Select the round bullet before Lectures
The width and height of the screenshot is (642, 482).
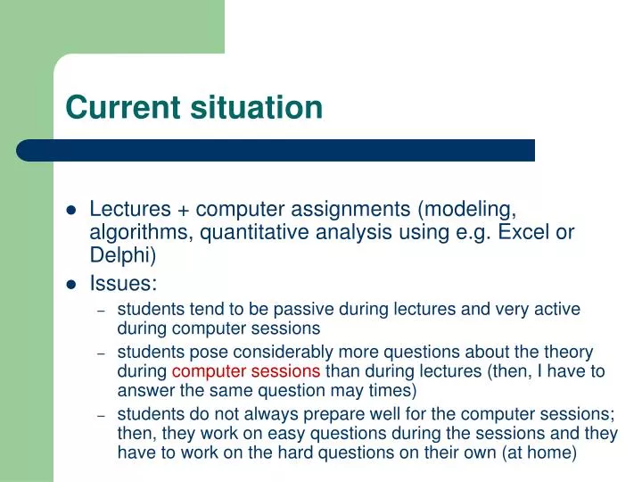[72, 211]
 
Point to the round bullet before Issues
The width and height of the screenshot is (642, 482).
[72, 286]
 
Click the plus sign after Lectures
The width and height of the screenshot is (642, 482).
[183, 210]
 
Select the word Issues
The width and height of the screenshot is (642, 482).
[123, 285]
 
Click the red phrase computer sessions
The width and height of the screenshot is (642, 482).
[246, 371]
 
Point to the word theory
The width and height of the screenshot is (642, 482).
[568, 353]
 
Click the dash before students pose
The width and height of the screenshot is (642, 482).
[102, 353]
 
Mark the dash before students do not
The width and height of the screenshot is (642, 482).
[102, 415]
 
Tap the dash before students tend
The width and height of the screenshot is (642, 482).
[102, 311]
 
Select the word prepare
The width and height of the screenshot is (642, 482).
[338, 414]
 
